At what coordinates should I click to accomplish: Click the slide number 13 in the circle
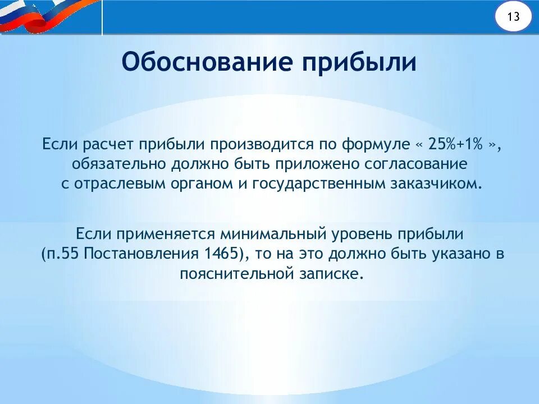513,17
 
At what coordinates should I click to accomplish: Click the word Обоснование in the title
207,62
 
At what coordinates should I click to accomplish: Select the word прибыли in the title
360,62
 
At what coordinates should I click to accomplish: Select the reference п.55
61,254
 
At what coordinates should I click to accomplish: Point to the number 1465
223,254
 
